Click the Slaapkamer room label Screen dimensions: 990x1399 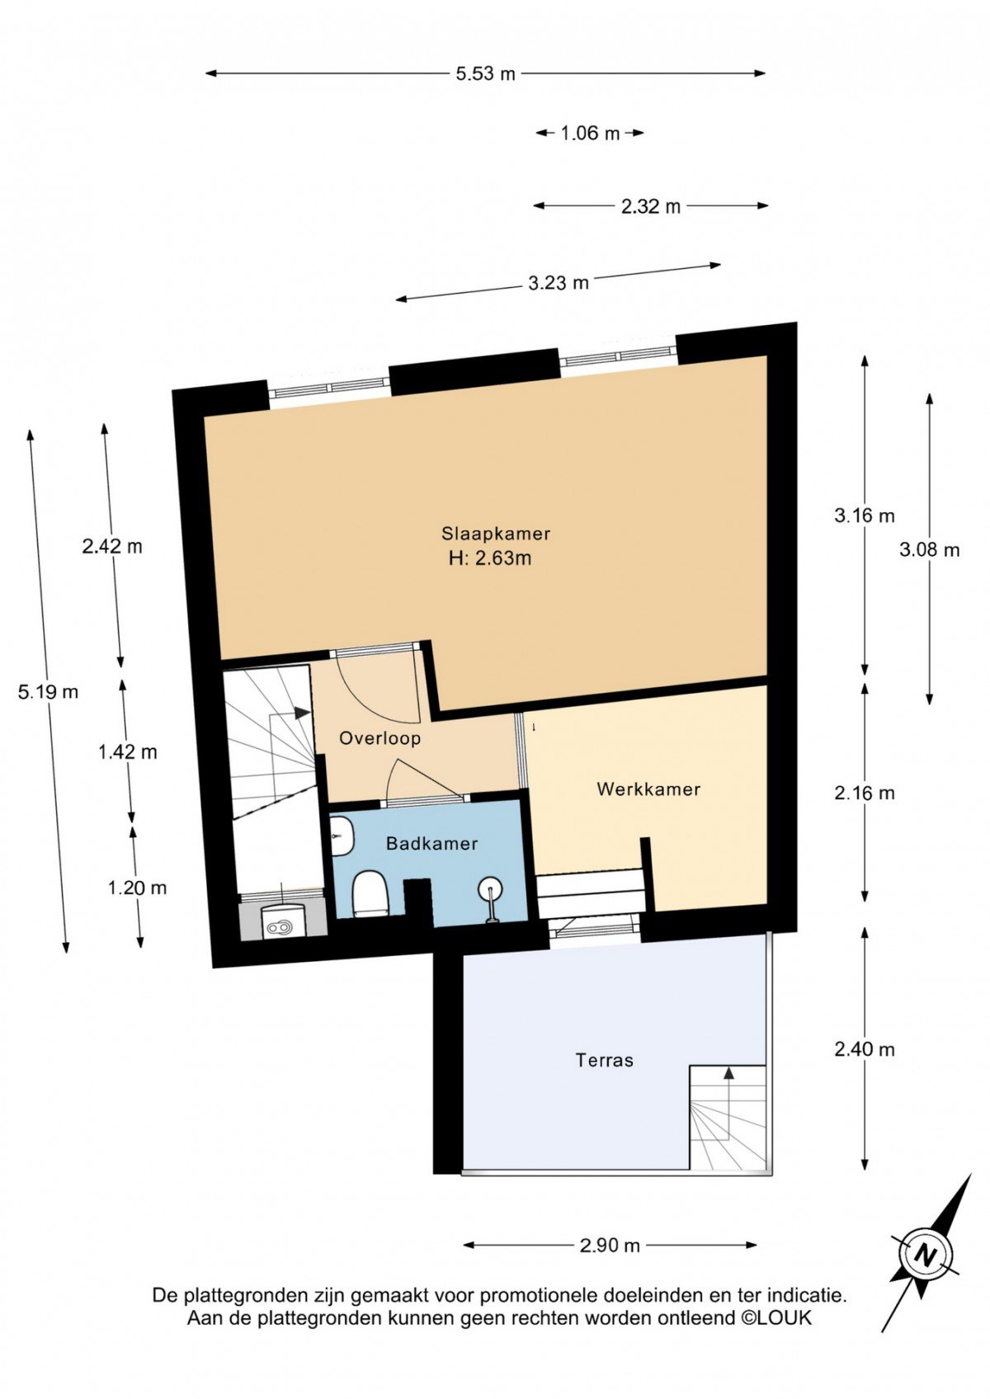495,534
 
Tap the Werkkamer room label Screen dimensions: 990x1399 648,789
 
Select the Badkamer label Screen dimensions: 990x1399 431,845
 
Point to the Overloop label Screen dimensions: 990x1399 379,739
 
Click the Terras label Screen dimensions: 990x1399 605,1060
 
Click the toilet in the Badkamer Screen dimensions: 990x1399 370,893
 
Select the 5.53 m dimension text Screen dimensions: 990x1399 485,73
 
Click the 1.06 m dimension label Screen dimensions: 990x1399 590,133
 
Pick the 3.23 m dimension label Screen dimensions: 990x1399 559,284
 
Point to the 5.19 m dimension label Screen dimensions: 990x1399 48,692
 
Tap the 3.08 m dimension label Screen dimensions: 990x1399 930,549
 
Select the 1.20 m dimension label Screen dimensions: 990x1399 138,888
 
